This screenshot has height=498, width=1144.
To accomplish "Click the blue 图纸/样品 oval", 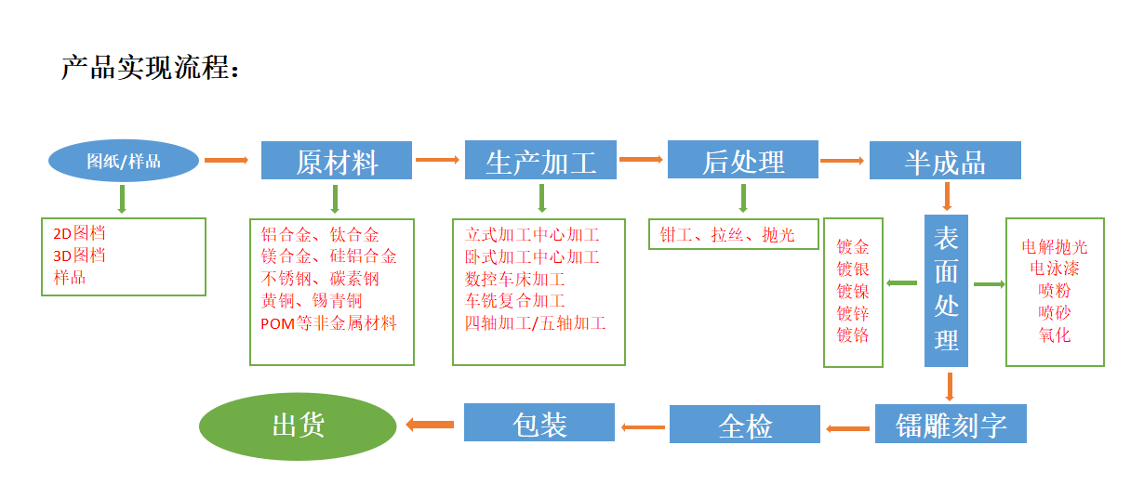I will coord(123,161).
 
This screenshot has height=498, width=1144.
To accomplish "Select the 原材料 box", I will coord(337,161).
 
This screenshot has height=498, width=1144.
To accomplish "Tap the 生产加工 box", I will coord(540,161).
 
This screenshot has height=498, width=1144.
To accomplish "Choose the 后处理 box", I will coord(743,160).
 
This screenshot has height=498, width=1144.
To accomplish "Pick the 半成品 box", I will coord(945,161).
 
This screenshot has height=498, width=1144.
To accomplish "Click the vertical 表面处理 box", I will coord(946,290).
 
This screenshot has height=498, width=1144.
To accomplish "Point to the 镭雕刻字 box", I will coord(951,425).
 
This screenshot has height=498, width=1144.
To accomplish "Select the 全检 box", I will coord(745,425).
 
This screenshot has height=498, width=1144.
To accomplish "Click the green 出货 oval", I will coord(298,425).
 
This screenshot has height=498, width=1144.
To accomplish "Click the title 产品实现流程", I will coord(151,68).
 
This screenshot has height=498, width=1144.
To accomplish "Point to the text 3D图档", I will coord(79,256).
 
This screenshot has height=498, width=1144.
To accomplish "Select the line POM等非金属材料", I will coord(329,323).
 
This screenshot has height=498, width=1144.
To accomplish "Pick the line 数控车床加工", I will coord(515,279).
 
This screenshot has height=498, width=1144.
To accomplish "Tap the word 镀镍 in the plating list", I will coord(852,291).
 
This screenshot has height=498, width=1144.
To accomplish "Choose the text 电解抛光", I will coord(1055,246).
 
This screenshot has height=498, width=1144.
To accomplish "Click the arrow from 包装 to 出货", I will coord(429,425).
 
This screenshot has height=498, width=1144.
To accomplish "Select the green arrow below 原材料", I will coord(335,199).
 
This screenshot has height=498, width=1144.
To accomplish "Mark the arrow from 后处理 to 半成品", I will coord(843,161).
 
